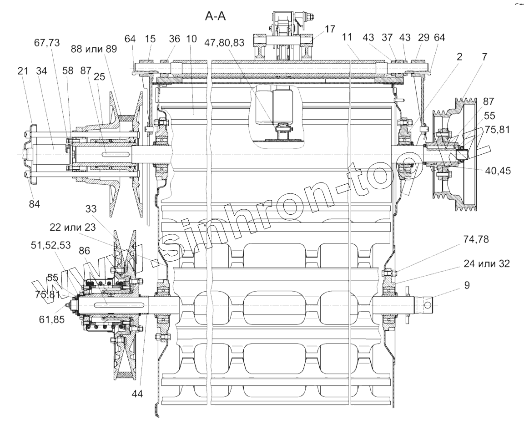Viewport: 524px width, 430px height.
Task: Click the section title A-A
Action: tap(215, 17)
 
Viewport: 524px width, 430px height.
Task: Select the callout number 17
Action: tap(330, 29)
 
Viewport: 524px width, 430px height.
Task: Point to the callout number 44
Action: tap(137, 394)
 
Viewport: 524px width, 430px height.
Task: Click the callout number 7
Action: tap(484, 57)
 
